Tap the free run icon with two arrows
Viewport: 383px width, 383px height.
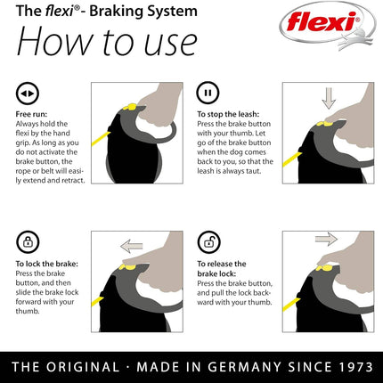coord(28,93)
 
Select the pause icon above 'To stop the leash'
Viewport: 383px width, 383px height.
coord(208,93)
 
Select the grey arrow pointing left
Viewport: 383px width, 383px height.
coord(132,244)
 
